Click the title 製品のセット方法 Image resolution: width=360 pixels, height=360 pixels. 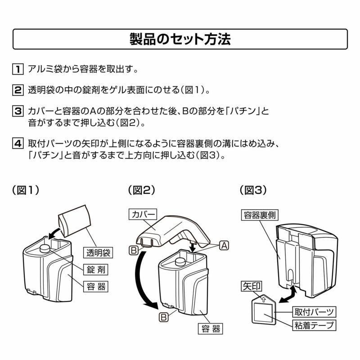(180, 39)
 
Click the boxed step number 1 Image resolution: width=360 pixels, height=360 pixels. (18, 69)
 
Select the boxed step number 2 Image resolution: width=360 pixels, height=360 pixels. (18, 90)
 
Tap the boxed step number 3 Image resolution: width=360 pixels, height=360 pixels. (18, 111)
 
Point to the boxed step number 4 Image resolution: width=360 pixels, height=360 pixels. (18, 144)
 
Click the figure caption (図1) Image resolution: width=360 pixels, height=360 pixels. (26, 190)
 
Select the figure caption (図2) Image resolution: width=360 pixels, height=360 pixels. (142, 190)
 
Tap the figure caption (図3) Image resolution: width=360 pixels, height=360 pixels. (253, 190)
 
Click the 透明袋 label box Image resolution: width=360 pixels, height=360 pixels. (98, 252)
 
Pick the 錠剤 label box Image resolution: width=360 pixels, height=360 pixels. (96, 270)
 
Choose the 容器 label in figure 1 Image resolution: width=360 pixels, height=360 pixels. (96, 287)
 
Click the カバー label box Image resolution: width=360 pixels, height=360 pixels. (143, 215)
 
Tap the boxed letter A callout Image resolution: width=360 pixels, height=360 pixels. (224, 246)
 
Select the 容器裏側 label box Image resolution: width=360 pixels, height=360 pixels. (260, 215)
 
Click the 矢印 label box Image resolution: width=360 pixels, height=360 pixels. (252, 286)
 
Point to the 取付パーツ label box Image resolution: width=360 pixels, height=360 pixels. (314, 312)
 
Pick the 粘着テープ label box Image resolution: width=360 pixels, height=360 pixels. (314, 325)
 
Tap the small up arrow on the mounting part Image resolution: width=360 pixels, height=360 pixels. (263, 299)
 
